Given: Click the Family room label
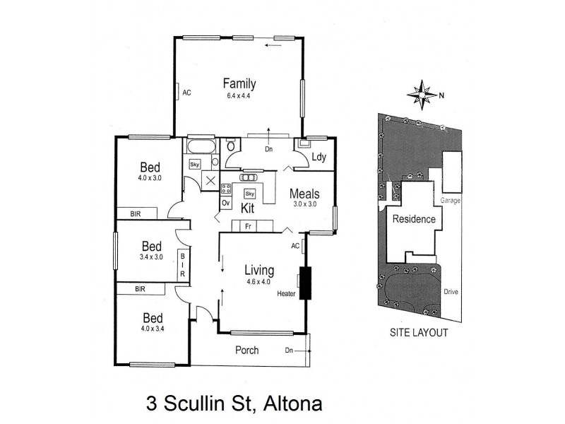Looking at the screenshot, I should pos(239,83).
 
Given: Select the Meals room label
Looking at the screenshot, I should pos(305,194).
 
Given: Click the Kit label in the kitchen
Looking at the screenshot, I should pos(248,208).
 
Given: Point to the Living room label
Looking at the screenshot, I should pos(259,269).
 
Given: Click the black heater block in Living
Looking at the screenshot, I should pos(305,283).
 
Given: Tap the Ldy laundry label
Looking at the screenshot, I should pos(318,158).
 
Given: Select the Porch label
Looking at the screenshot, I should pos(246,350).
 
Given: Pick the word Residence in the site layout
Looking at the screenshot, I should pos(414,219).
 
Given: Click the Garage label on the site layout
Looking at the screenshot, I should pos(451,201).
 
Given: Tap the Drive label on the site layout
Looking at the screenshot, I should pos(451,291).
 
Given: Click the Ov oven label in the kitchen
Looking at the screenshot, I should pos(226,203).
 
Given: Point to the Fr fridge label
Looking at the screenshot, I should pos(249,226).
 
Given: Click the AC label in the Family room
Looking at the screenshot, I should pos(187,93).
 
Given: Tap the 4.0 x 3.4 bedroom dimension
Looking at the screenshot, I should pos(152,328).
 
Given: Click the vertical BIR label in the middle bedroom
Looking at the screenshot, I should pos(182,265).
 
